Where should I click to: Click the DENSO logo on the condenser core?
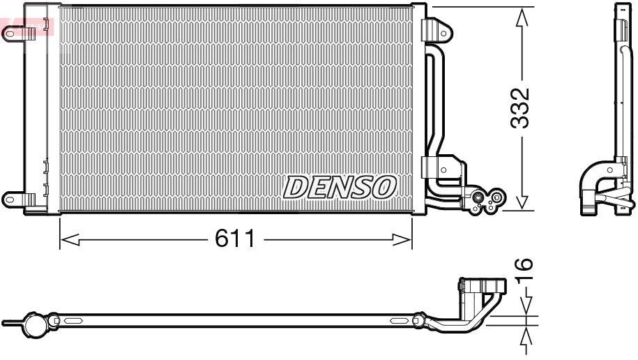coord(340,187)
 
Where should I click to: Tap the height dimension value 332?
coord(520,108)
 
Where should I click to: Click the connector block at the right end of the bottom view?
coord(481,287)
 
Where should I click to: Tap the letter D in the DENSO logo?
coord(295,187)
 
